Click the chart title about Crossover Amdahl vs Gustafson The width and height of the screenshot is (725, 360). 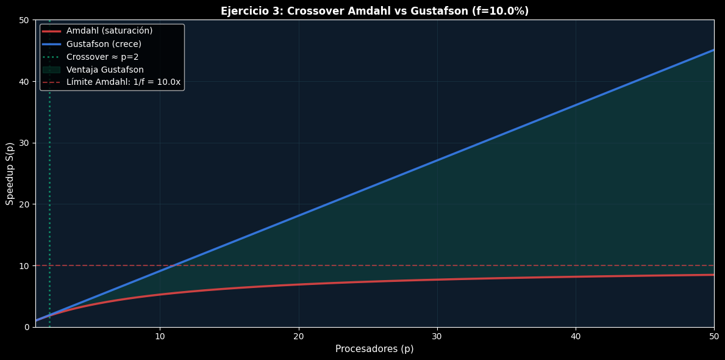tap(374, 11)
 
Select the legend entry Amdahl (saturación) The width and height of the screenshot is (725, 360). tap(109, 31)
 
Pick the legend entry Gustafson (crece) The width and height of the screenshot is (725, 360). tap(104, 44)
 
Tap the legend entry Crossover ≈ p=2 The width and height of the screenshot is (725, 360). tap(102, 57)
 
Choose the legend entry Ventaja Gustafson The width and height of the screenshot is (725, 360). tap(105, 70)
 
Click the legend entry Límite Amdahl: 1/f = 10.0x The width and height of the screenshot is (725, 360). tap(123, 82)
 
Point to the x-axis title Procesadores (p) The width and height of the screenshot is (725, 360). tap(374, 349)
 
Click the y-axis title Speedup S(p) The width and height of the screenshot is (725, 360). tap(10, 173)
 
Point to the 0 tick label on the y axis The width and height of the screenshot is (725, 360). tap(27, 327)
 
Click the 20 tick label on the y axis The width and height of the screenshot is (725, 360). tap(24, 204)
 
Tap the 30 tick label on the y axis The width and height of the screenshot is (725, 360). tap(24, 143)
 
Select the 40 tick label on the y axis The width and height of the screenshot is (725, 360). tap(24, 82)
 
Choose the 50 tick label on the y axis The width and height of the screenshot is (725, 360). tap(24, 20)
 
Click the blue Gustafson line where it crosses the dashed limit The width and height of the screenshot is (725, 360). tap(174, 265)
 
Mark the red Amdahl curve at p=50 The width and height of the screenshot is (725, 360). tap(713, 275)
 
